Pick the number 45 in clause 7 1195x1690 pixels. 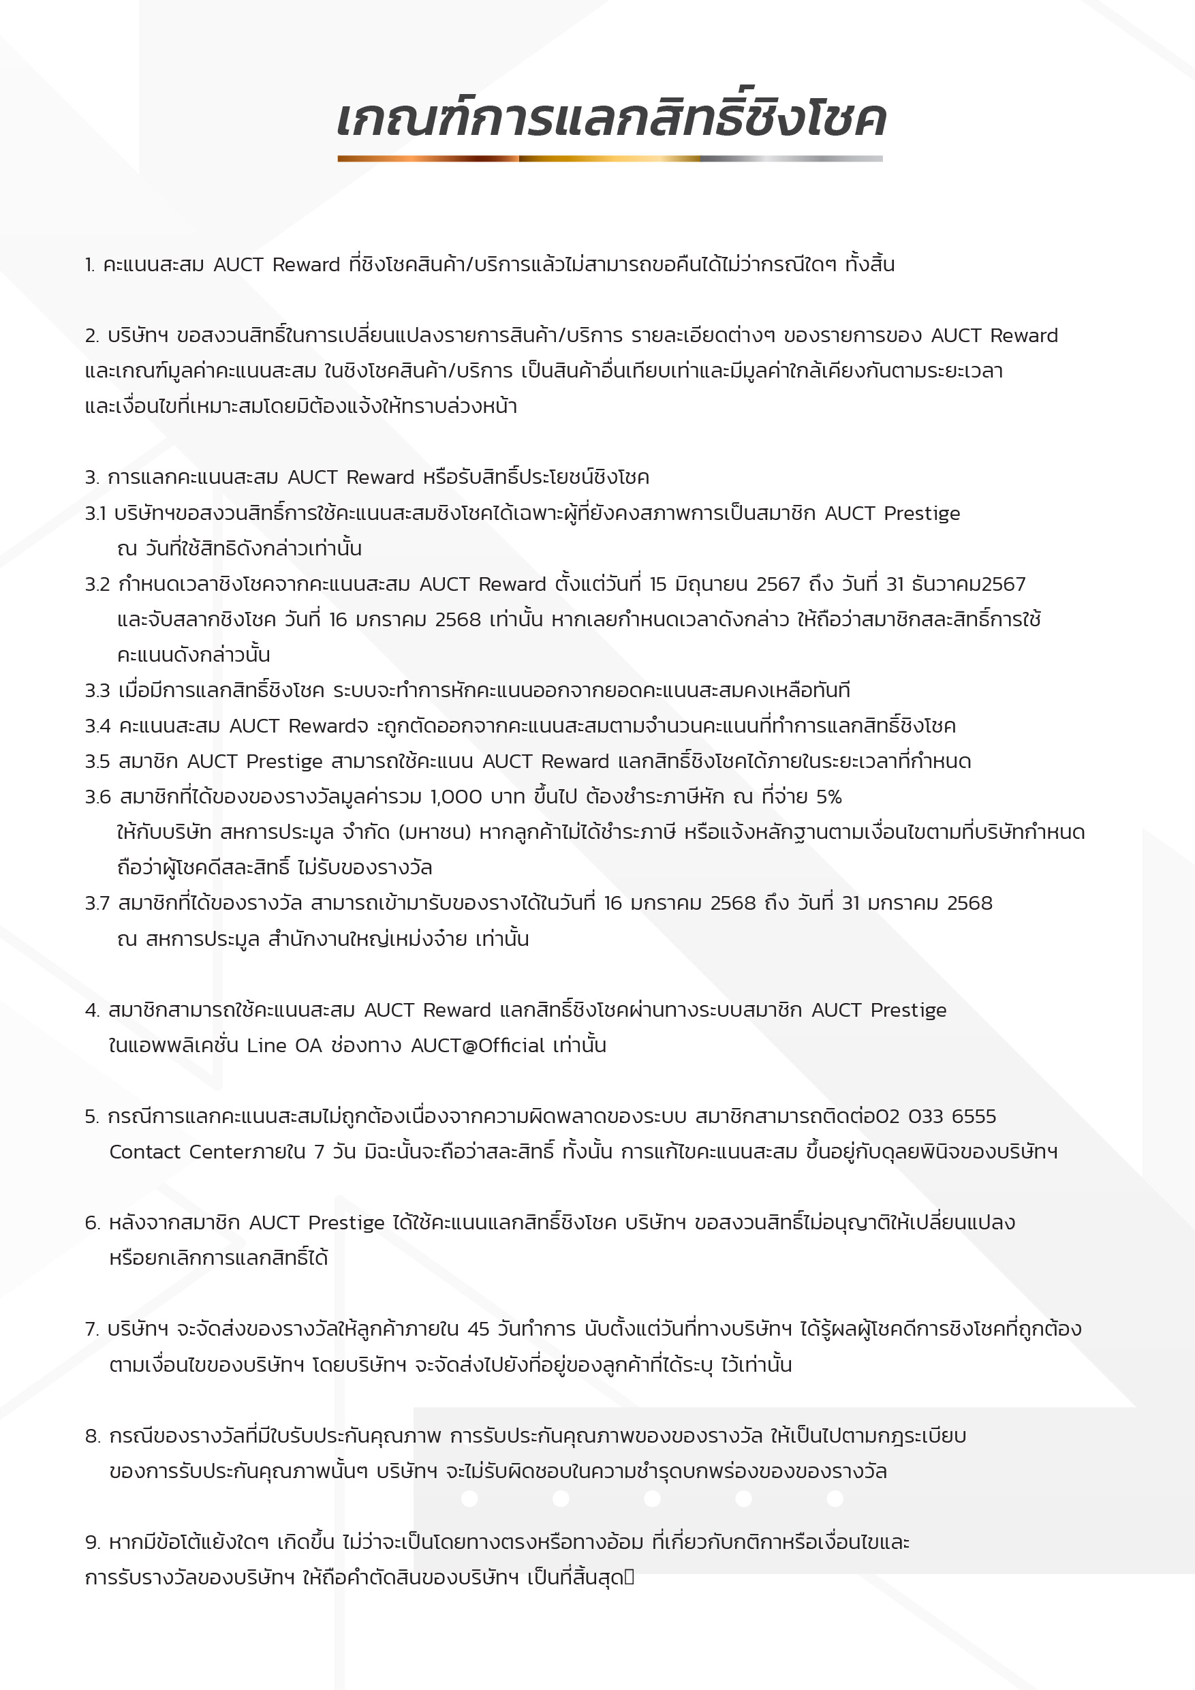coord(478,1330)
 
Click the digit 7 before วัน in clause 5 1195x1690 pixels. coord(320,1152)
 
